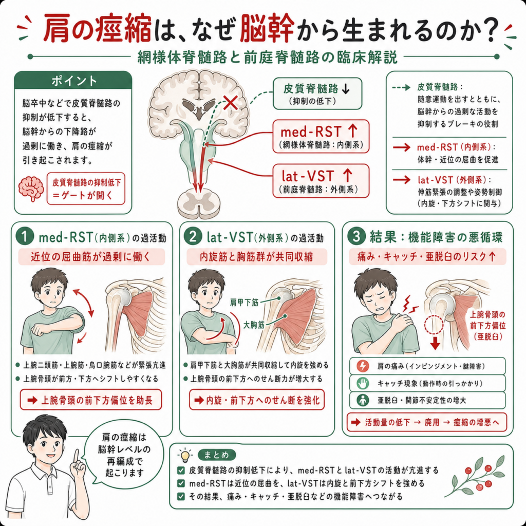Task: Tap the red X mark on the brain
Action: (x=231, y=102)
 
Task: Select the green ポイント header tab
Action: (x=73, y=81)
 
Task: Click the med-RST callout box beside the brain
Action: (x=321, y=136)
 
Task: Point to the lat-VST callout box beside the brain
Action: (x=321, y=181)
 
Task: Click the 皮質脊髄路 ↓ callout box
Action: (x=317, y=93)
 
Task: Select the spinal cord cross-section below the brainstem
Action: (x=199, y=202)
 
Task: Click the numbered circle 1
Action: (x=25, y=236)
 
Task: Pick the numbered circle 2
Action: (x=193, y=236)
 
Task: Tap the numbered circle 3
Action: (x=356, y=236)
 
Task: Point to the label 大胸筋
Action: (x=254, y=325)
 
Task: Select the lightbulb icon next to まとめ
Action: (x=185, y=455)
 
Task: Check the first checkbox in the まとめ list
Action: (x=181, y=471)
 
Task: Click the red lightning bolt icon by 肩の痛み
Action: (x=363, y=366)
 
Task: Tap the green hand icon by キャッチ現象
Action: (x=363, y=383)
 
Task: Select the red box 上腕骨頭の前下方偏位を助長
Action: (x=91, y=400)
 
